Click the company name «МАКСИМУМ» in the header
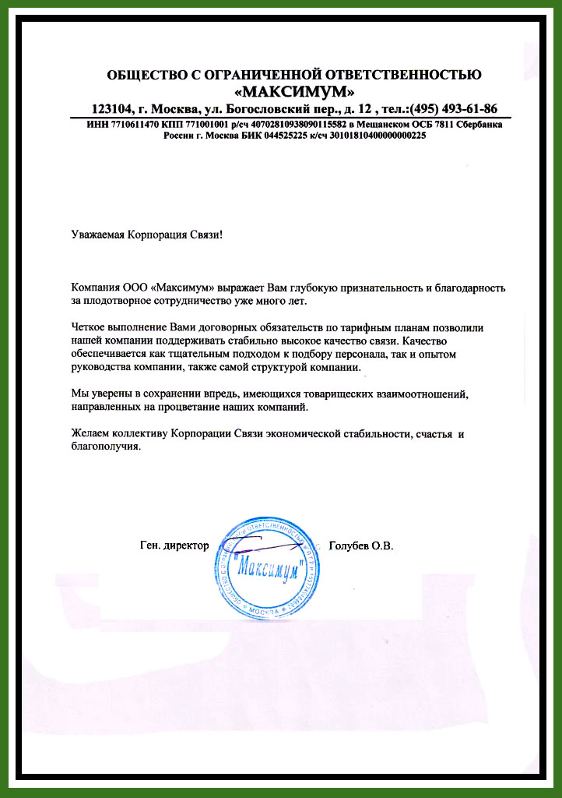coord(294,91)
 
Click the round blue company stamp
coord(269,563)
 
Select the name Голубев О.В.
coord(362,546)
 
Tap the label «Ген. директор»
coord(174,546)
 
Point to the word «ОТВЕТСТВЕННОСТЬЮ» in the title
coord(399,75)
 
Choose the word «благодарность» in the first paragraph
coord(469,288)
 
